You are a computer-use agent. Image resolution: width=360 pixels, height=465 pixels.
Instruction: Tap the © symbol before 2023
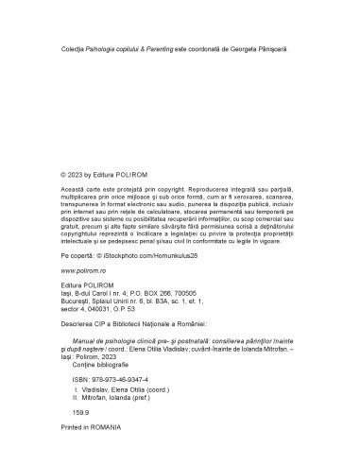coord(62,175)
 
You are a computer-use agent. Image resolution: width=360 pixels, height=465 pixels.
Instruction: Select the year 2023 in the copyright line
coord(76,175)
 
